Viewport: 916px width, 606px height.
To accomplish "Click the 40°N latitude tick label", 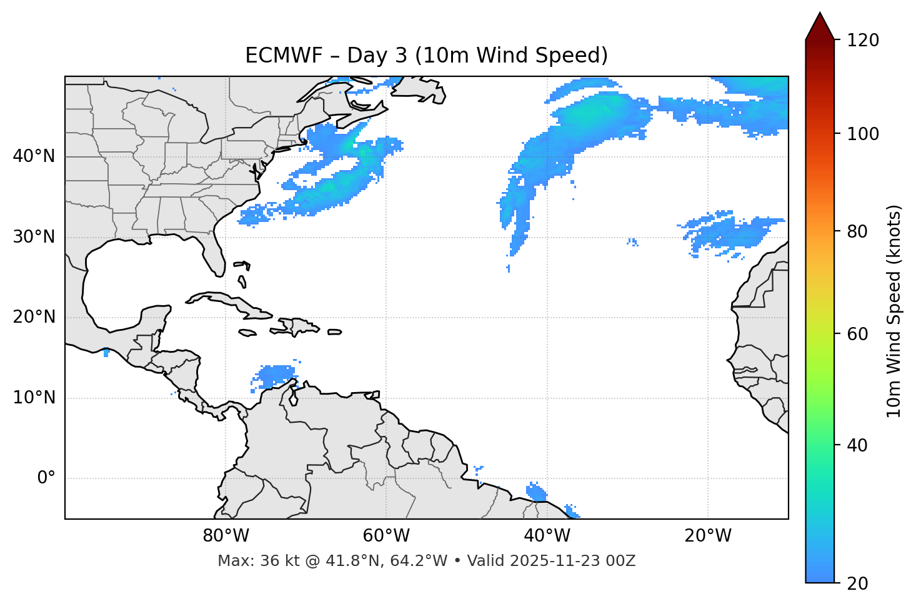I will [34, 156].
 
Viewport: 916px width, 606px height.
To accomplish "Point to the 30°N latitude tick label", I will [34, 237].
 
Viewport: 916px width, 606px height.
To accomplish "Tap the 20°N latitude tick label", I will [34, 317].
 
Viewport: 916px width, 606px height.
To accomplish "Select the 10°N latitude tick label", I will [34, 398].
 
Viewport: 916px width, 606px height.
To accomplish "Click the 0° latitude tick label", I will [46, 478].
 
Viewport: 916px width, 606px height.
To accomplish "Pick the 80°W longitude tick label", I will [226, 536].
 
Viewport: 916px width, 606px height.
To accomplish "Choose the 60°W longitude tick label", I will [386, 536].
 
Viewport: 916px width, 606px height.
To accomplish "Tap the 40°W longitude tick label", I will [547, 536].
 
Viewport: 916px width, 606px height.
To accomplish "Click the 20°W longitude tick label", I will [707, 536].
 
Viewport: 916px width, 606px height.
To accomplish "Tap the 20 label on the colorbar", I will [857, 583].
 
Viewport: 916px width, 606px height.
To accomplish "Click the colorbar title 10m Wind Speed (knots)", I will [894, 311].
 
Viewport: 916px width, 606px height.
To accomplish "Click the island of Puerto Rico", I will [335, 332].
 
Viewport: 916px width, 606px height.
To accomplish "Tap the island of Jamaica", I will [247, 333].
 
